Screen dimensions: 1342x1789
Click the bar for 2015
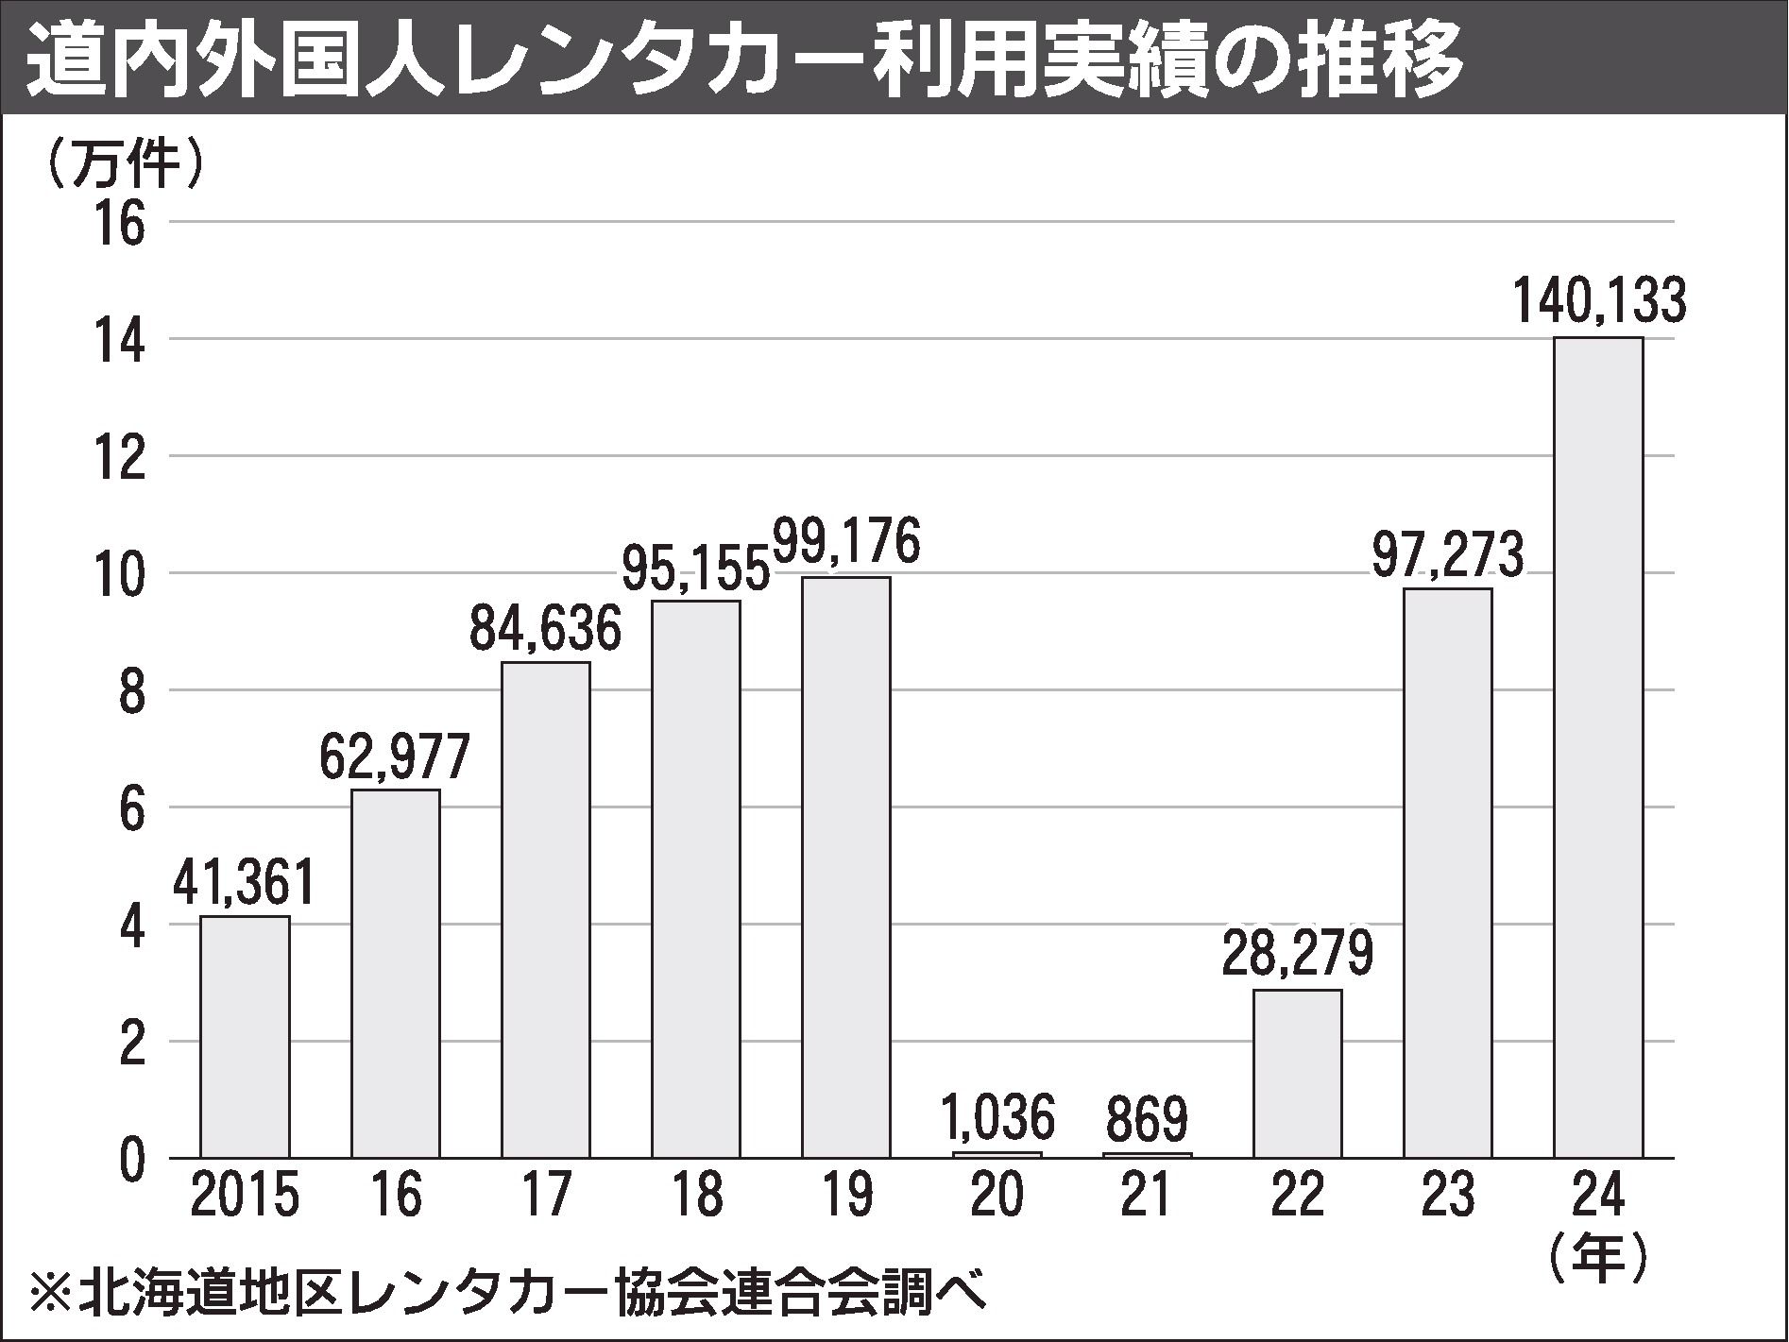click(x=245, y=1036)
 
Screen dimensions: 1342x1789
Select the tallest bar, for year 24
click(x=1598, y=746)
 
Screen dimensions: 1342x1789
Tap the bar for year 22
click(x=1297, y=1073)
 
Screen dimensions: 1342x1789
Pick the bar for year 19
click(x=846, y=866)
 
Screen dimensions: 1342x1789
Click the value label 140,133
click(x=1598, y=301)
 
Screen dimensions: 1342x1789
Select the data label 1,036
click(x=997, y=1118)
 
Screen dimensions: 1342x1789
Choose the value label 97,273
click(x=1448, y=555)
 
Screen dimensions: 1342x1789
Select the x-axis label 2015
click(x=245, y=1197)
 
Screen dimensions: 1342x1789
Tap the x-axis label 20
click(x=997, y=1197)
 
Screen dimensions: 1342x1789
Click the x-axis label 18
click(x=696, y=1197)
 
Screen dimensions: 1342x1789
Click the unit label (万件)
click(x=122, y=163)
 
